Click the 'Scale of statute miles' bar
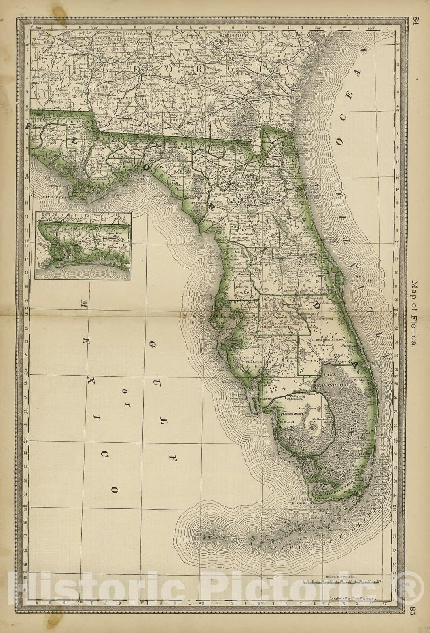(341, 581)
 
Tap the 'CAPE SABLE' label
(303, 503)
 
